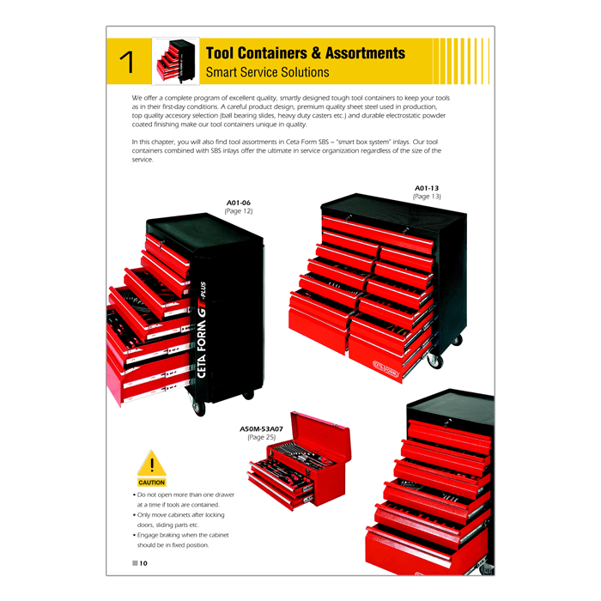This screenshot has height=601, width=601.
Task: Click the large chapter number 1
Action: click(x=127, y=62)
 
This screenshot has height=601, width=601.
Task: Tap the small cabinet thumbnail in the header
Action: click(x=175, y=61)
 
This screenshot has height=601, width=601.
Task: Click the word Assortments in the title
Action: click(x=365, y=53)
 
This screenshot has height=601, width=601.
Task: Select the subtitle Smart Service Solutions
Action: click(x=267, y=72)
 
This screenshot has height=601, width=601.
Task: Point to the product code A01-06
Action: click(x=239, y=203)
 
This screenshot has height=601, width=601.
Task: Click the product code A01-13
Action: click(x=427, y=188)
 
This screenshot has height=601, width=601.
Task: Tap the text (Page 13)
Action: click(x=427, y=197)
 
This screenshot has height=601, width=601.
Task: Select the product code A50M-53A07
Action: click(x=261, y=429)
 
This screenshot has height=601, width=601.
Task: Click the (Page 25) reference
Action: click(x=261, y=437)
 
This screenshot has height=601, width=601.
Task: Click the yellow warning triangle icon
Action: click(x=152, y=463)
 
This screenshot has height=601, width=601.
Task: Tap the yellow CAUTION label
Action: click(x=152, y=483)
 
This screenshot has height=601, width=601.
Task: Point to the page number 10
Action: click(x=143, y=563)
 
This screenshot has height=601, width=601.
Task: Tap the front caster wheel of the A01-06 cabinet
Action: click(x=199, y=408)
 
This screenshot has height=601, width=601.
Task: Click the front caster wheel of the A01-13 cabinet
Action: click(x=435, y=361)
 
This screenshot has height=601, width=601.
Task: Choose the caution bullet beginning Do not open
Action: click(x=184, y=500)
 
